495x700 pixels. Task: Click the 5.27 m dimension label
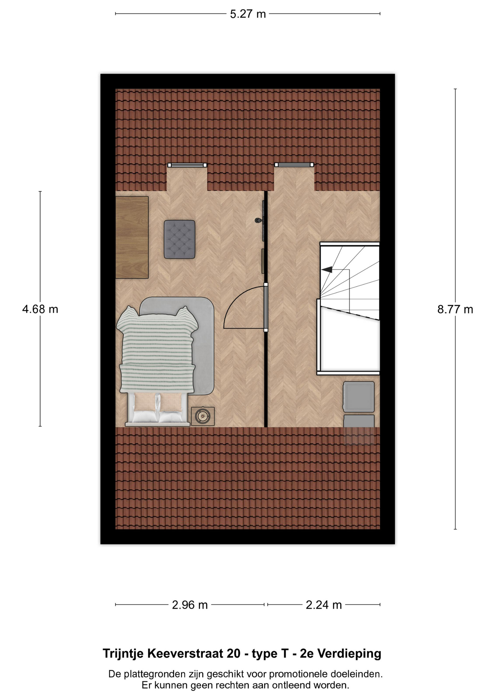[248, 14]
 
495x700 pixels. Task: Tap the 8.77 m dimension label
[455, 310]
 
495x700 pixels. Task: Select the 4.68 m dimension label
[40, 309]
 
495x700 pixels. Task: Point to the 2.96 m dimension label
[190, 605]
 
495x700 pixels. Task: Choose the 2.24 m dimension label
[324, 605]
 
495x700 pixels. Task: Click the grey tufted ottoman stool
[179, 239]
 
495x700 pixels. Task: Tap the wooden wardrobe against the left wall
[132, 237]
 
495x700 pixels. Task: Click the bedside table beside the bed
[203, 416]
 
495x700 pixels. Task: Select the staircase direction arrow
[327, 269]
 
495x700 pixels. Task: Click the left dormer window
[187, 165]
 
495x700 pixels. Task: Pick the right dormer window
[294, 165]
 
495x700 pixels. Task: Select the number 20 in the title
[233, 654]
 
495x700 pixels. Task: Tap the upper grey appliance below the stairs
[359, 397]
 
